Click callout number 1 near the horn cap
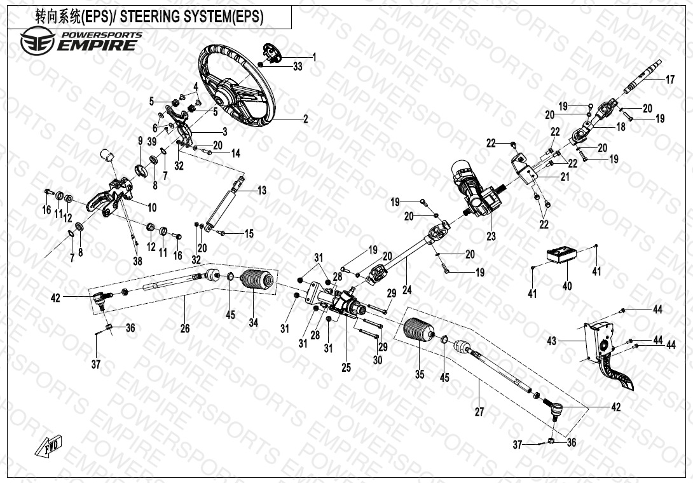[x=313, y=57]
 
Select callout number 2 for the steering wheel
[x=305, y=119]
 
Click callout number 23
[x=491, y=236]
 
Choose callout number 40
[x=567, y=286]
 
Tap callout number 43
[x=551, y=341]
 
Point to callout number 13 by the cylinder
[x=262, y=190]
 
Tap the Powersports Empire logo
[x=80, y=41]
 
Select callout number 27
[x=479, y=412]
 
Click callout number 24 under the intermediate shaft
[x=407, y=290]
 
